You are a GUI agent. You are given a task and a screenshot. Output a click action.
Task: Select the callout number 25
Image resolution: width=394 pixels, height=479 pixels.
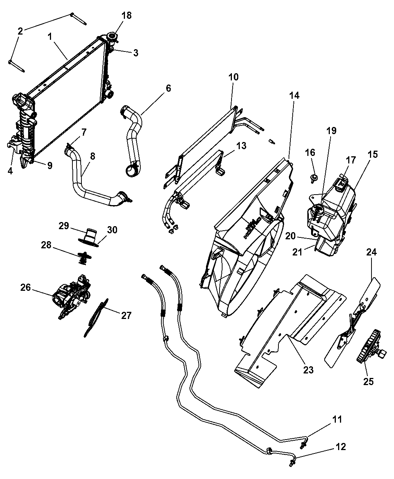point(368,381)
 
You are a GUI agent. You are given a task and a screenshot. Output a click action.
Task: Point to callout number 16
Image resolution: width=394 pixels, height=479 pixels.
point(310,153)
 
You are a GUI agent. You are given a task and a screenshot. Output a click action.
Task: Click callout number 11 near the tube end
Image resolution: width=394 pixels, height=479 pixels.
point(337,419)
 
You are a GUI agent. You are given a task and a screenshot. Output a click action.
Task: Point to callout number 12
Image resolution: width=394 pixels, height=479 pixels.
point(340,447)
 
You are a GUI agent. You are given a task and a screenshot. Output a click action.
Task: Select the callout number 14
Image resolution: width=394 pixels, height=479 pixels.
point(294,95)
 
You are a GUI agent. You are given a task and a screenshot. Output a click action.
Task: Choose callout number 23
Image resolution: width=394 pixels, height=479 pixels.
point(308,370)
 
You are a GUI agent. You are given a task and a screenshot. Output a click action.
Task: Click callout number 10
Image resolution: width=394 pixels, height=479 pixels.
point(233,77)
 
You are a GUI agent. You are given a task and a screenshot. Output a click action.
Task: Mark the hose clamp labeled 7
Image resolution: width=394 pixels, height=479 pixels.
point(69,147)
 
